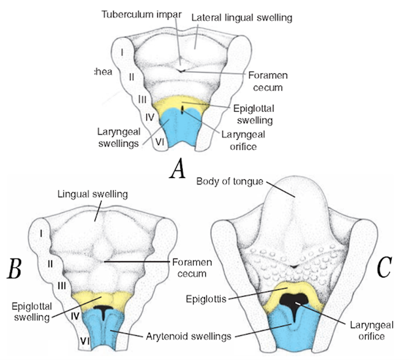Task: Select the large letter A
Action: (178, 170)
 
